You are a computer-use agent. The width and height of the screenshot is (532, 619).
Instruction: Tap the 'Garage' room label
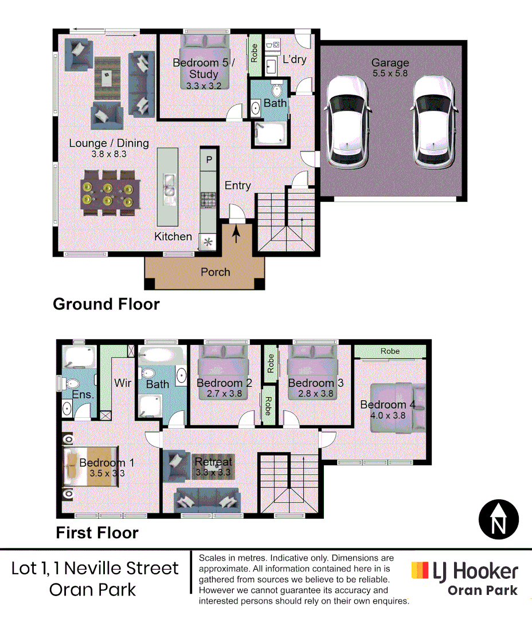[390, 63]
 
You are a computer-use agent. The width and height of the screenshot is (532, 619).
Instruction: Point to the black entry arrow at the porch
[236, 234]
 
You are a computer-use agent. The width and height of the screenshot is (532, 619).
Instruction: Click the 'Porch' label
[215, 272]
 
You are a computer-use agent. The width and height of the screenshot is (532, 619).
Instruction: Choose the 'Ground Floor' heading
[106, 304]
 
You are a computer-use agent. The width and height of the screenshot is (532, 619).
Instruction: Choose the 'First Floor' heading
[97, 533]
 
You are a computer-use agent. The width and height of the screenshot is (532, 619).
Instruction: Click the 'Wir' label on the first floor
[123, 382]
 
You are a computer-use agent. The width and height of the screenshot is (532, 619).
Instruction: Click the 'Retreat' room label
[213, 462]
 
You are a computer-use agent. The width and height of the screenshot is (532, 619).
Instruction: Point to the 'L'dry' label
[294, 60]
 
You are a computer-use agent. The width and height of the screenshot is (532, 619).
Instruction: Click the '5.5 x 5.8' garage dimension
[390, 74]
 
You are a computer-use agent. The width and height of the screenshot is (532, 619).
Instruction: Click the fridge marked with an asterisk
[208, 242]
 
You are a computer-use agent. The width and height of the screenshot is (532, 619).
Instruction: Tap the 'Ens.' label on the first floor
[83, 394]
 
